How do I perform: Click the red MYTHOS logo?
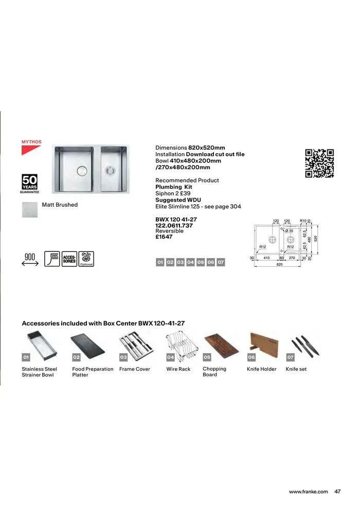pos(31,147)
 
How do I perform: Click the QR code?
pos(319,163)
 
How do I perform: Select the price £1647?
pos(164,237)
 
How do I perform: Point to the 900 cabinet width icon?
pos(30,259)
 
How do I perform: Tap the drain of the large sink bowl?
pos(81,170)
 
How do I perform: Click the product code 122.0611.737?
pos(174,225)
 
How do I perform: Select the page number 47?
pos(337,492)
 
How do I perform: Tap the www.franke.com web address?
pos(308,492)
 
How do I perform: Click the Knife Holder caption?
pos(261,369)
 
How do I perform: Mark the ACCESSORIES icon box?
pos(69,259)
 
